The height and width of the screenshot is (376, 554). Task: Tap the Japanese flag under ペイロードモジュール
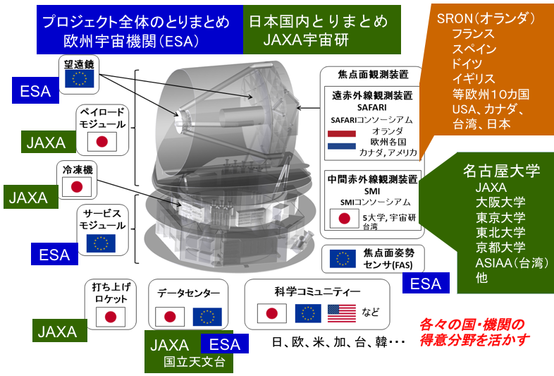click(101, 142)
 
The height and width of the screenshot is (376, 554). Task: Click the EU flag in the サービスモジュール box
click(100, 243)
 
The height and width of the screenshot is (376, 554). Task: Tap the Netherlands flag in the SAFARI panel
click(343, 140)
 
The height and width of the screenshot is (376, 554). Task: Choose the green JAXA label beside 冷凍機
click(28, 198)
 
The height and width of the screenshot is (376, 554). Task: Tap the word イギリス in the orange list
click(474, 78)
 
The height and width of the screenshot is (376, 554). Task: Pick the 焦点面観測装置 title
click(370, 75)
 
